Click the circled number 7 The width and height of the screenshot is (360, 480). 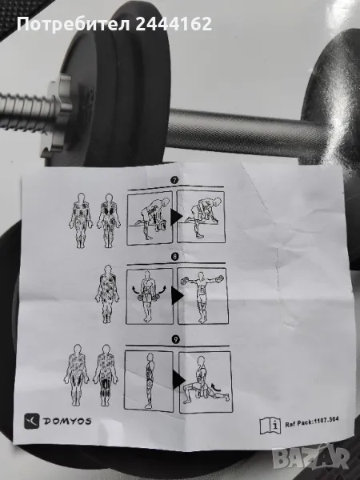(174, 180)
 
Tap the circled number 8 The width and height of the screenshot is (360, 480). (174, 256)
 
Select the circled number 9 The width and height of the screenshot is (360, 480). (176, 339)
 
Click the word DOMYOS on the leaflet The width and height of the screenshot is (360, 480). (67, 422)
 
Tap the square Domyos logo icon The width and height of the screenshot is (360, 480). (32, 421)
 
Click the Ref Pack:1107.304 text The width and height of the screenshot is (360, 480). (312, 422)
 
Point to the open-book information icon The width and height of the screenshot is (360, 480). (270, 426)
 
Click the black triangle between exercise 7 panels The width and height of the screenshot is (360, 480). (176, 217)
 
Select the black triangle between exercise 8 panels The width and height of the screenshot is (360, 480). (178, 296)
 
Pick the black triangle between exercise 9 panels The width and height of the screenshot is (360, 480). (178, 379)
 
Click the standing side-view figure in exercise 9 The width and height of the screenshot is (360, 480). (150, 381)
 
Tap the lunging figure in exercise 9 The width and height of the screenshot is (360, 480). (205, 381)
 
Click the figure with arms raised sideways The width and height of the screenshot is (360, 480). (202, 296)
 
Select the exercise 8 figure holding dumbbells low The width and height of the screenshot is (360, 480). (149, 296)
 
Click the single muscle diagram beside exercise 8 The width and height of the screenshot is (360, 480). (107, 294)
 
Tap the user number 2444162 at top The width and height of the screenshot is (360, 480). (174, 24)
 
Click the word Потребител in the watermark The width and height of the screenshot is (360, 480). (74, 25)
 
